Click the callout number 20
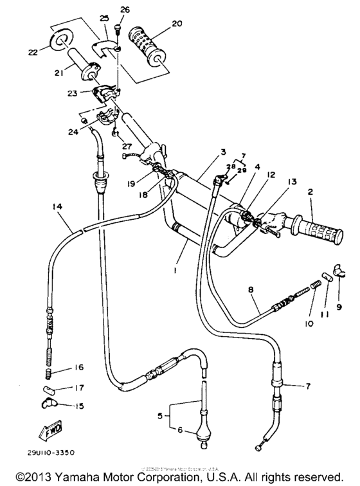point(157,24)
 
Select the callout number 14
point(57,207)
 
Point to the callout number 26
point(125,10)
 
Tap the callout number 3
point(204,152)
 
